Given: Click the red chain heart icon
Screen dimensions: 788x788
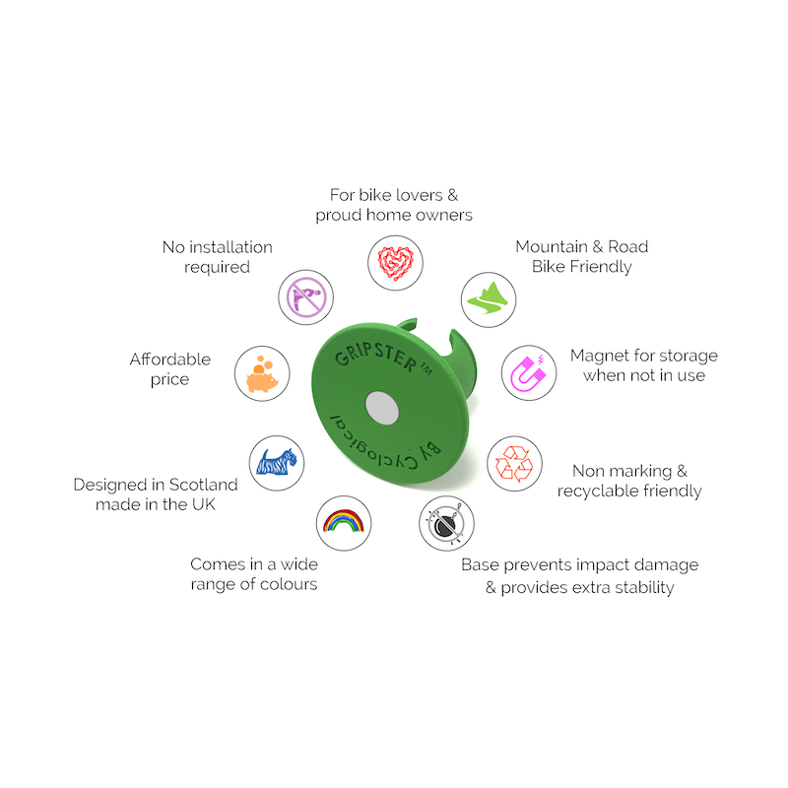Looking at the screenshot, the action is tap(395, 263).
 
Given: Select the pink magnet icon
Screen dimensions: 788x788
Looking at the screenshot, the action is tap(528, 373).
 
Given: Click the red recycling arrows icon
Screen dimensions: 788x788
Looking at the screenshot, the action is tap(513, 463).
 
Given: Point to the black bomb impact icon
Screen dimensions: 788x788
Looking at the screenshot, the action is tap(446, 524).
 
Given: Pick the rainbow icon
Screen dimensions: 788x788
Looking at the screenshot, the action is tap(343, 521).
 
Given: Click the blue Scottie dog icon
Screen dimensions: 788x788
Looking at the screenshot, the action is tap(276, 462).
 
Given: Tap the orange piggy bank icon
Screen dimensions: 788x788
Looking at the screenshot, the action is tap(262, 374).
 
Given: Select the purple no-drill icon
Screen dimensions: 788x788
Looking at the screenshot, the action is tap(306, 297).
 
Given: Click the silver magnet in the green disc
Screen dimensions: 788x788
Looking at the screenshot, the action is tap(382, 408).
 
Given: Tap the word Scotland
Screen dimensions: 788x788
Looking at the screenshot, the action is tap(204, 485).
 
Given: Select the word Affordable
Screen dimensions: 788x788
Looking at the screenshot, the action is tap(170, 360).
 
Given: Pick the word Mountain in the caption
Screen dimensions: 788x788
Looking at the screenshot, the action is tap(552, 247).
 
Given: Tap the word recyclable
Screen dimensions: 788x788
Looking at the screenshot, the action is tap(591, 491).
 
